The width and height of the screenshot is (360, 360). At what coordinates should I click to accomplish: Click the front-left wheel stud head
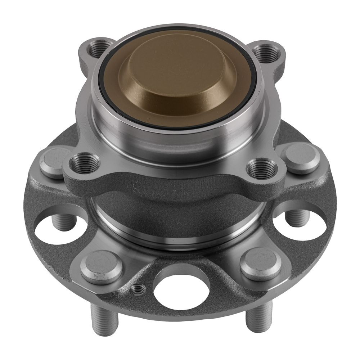[x=101, y=265]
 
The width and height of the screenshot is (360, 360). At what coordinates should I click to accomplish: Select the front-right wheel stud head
[x=260, y=262]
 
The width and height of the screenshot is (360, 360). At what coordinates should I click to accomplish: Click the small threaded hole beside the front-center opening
[x=137, y=289]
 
